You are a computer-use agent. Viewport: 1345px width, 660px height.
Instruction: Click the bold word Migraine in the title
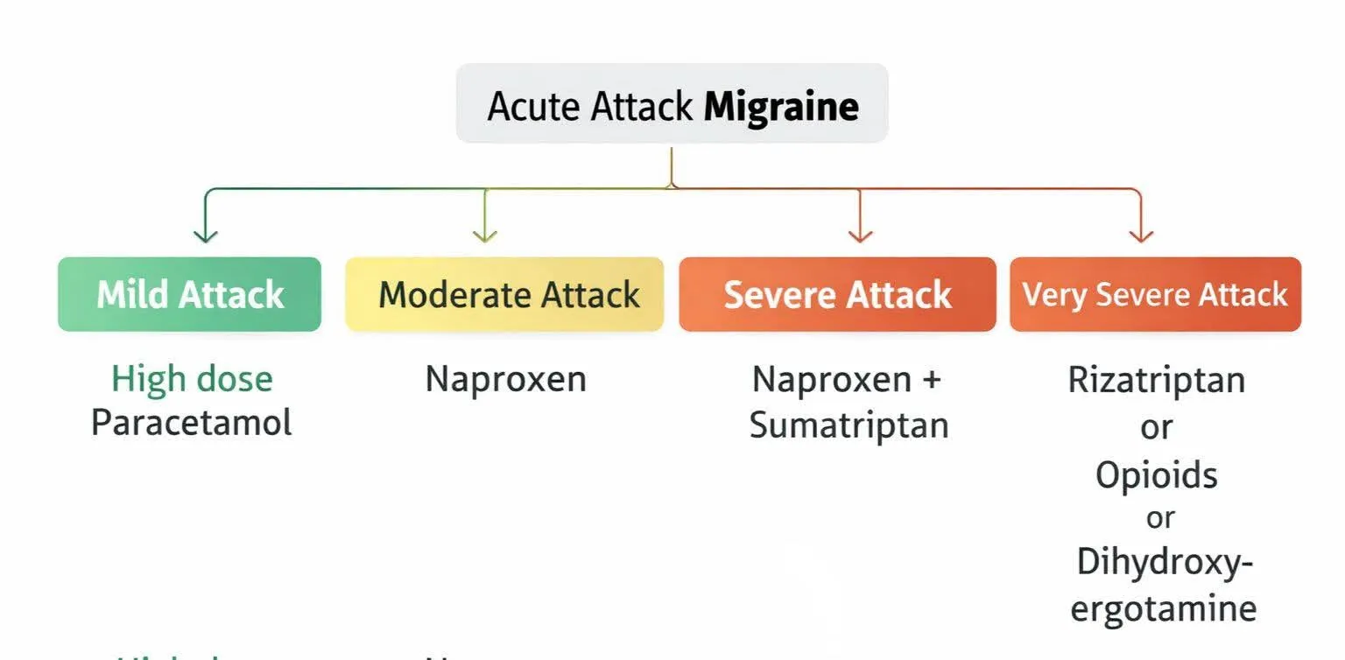pyautogui.click(x=781, y=107)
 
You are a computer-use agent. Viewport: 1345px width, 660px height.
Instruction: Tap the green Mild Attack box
pyautogui.click(x=189, y=294)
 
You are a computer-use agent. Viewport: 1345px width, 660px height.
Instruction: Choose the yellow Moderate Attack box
pyautogui.click(x=504, y=294)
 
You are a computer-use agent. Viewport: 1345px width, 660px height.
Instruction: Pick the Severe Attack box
pyautogui.click(x=837, y=294)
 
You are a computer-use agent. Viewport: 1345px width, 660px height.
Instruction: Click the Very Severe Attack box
pyautogui.click(x=1155, y=294)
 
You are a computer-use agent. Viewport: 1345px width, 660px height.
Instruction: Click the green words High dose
pyautogui.click(x=192, y=379)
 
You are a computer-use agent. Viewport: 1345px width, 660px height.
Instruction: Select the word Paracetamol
pyautogui.click(x=191, y=423)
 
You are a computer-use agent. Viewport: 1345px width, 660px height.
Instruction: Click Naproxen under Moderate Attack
pyautogui.click(x=505, y=379)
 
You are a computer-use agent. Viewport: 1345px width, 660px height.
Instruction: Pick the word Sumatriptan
pyautogui.click(x=849, y=425)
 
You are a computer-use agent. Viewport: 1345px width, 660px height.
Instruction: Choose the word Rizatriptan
pyautogui.click(x=1156, y=381)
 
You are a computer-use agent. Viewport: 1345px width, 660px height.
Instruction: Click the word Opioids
pyautogui.click(x=1156, y=475)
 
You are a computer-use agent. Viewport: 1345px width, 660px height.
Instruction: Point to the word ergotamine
pyautogui.click(x=1163, y=608)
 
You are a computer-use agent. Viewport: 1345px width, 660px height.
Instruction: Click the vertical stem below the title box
pyautogui.click(x=671, y=166)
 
